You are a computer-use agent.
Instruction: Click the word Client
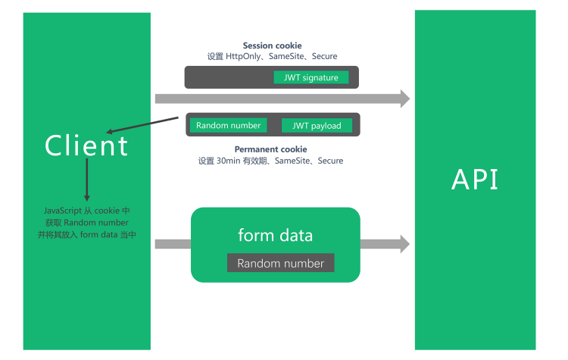[86, 146]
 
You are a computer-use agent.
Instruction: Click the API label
[475, 180]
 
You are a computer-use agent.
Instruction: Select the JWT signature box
[311, 77]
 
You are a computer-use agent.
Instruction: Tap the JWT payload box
[317, 126]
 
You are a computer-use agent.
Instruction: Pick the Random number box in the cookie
[228, 125]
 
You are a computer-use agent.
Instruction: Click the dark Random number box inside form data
[280, 263]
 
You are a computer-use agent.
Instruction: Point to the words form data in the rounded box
[276, 235]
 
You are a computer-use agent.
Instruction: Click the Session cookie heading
[272, 45]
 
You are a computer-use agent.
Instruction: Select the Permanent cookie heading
[270, 149]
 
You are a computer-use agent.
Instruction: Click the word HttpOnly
[243, 57]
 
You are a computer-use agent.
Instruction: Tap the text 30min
[228, 161]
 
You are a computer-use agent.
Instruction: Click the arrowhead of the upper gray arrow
[405, 99]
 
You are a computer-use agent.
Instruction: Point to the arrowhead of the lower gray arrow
[405, 243]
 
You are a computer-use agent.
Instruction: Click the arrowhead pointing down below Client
[86, 198]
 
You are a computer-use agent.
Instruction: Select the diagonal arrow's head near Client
[109, 132]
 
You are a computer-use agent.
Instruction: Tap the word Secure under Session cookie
[325, 56]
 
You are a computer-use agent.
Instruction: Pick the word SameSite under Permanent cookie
[292, 161]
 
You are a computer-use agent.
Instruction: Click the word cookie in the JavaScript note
[107, 211]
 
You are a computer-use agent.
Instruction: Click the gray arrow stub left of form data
[173, 243]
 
